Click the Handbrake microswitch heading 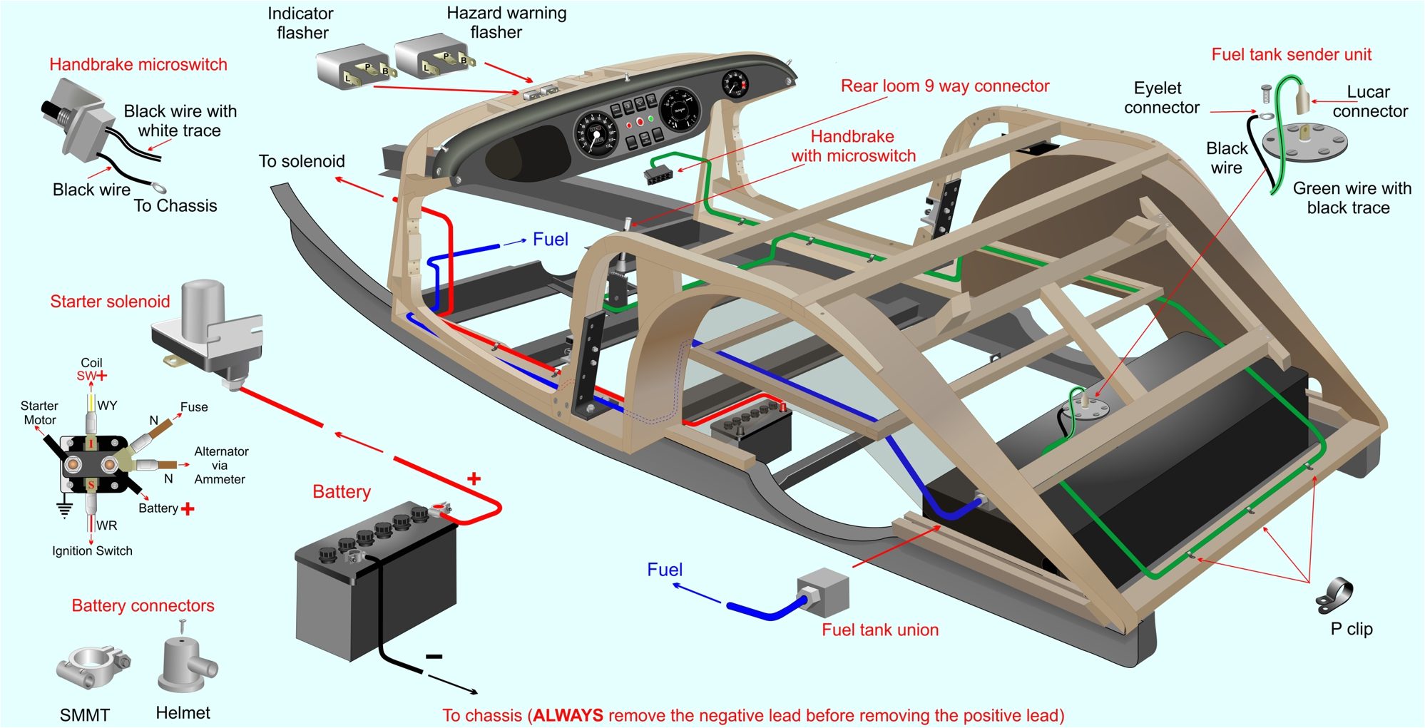(138, 64)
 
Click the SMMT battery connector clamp (91, 668)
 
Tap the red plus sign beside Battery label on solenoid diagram (188, 508)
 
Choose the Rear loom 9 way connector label (944, 86)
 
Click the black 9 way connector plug (659, 174)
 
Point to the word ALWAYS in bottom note (568, 715)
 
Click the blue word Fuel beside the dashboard (550, 239)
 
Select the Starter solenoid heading (110, 301)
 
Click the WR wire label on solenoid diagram (106, 526)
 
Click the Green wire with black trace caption (1351, 198)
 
